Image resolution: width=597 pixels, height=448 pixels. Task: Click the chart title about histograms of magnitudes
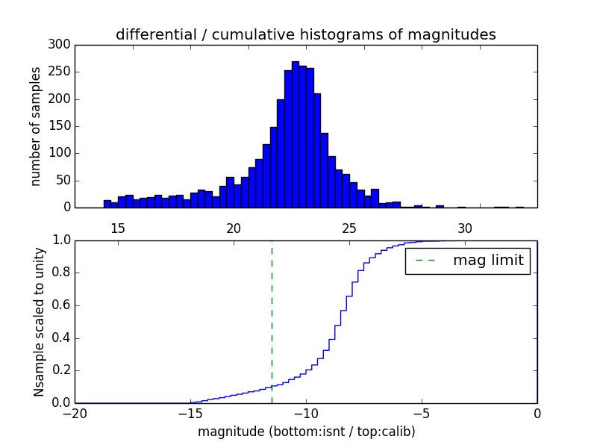305,34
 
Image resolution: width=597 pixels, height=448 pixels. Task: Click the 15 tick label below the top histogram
118,228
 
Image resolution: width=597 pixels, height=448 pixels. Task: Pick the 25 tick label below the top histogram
349,228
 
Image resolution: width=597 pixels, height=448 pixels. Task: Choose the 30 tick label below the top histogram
465,228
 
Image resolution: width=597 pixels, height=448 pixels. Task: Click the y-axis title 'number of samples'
37,126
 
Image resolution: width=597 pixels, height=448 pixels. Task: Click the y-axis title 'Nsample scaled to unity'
39,321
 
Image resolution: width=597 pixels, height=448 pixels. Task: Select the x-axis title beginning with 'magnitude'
306,432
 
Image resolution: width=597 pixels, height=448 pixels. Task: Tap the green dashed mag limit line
272,321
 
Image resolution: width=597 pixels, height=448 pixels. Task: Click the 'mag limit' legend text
488,261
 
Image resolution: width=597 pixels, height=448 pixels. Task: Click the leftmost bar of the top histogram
107,204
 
